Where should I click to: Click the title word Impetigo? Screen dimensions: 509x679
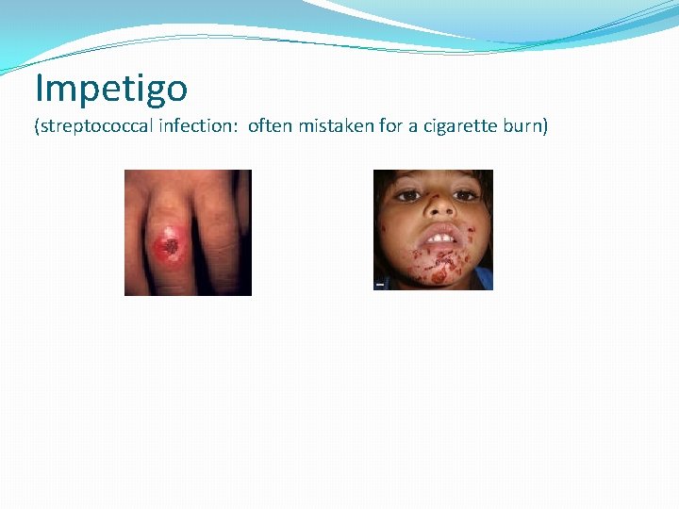pos(111,89)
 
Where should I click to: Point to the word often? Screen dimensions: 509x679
pos(269,127)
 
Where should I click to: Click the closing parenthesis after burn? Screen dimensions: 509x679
pos(544,128)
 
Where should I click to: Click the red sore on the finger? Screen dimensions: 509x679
pos(169,247)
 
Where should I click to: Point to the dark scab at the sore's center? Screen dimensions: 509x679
pos(171,248)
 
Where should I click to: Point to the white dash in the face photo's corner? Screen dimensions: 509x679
pos(379,284)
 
